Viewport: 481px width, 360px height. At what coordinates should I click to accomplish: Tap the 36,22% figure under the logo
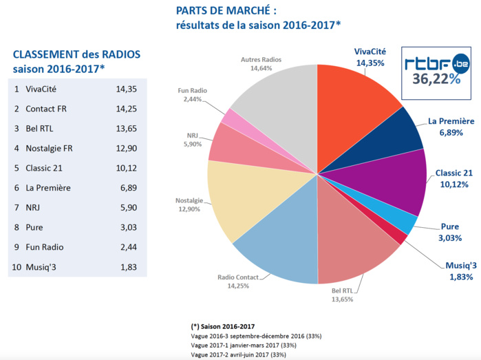pyautogui.click(x=436, y=79)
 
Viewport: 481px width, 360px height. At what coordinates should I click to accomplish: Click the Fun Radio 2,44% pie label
pyautogui.click(x=192, y=95)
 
